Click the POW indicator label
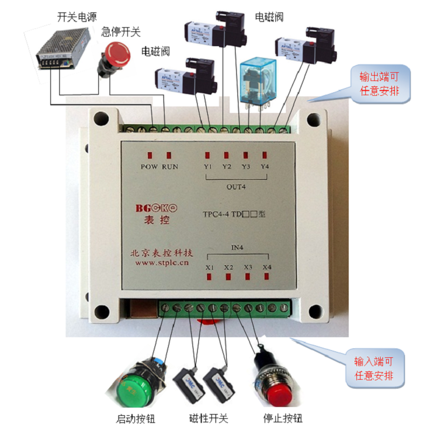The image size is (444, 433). (149, 167)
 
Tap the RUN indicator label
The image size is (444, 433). (170, 167)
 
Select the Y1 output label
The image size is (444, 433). (208, 167)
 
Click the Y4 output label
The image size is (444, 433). (265, 167)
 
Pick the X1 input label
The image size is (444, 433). (210, 267)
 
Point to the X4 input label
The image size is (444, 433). (267, 267)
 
